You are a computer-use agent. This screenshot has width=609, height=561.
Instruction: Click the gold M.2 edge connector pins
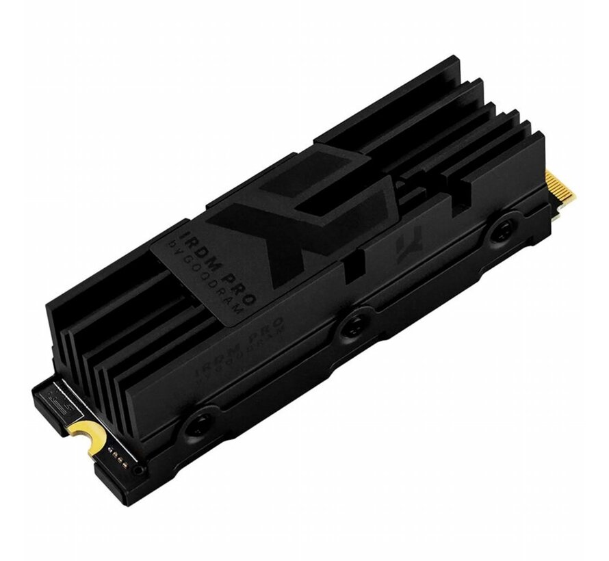565,192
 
